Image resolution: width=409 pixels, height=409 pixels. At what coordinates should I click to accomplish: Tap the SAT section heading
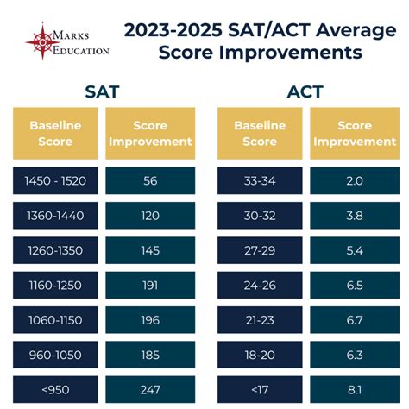[103, 91]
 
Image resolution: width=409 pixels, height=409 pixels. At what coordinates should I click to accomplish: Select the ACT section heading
[306, 91]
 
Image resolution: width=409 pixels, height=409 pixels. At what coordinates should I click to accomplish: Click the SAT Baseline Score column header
[55, 133]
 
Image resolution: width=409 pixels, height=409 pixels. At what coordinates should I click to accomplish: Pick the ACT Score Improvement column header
[354, 133]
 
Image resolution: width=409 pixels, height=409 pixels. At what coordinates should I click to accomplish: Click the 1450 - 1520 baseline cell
[55, 180]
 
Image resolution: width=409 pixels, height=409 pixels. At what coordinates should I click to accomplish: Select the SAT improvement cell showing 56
[150, 180]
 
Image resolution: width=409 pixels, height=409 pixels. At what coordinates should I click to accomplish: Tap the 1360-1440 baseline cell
[55, 215]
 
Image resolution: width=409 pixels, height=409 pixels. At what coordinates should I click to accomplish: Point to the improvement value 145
[150, 250]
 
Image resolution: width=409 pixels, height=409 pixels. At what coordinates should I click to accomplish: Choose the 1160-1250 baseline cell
[55, 285]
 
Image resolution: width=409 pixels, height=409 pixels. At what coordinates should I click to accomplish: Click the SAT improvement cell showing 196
[150, 320]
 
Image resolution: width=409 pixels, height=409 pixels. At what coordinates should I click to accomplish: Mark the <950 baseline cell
[55, 389]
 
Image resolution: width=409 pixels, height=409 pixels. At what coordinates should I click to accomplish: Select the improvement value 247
[150, 389]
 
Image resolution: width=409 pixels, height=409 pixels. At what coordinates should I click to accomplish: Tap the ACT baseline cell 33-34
[260, 180]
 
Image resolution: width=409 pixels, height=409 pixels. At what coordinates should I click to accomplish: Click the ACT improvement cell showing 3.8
[354, 215]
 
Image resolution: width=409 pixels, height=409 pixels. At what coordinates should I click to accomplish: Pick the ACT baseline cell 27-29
[260, 250]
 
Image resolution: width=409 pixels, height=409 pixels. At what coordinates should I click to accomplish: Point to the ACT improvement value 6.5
[354, 285]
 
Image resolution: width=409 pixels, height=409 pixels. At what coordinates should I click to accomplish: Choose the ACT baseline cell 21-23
[260, 320]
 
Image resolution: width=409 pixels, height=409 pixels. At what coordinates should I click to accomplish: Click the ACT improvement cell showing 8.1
[354, 389]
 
